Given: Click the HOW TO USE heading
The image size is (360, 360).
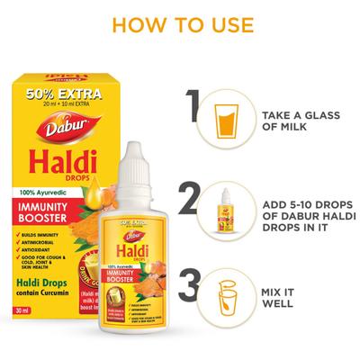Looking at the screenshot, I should point(180,21).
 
